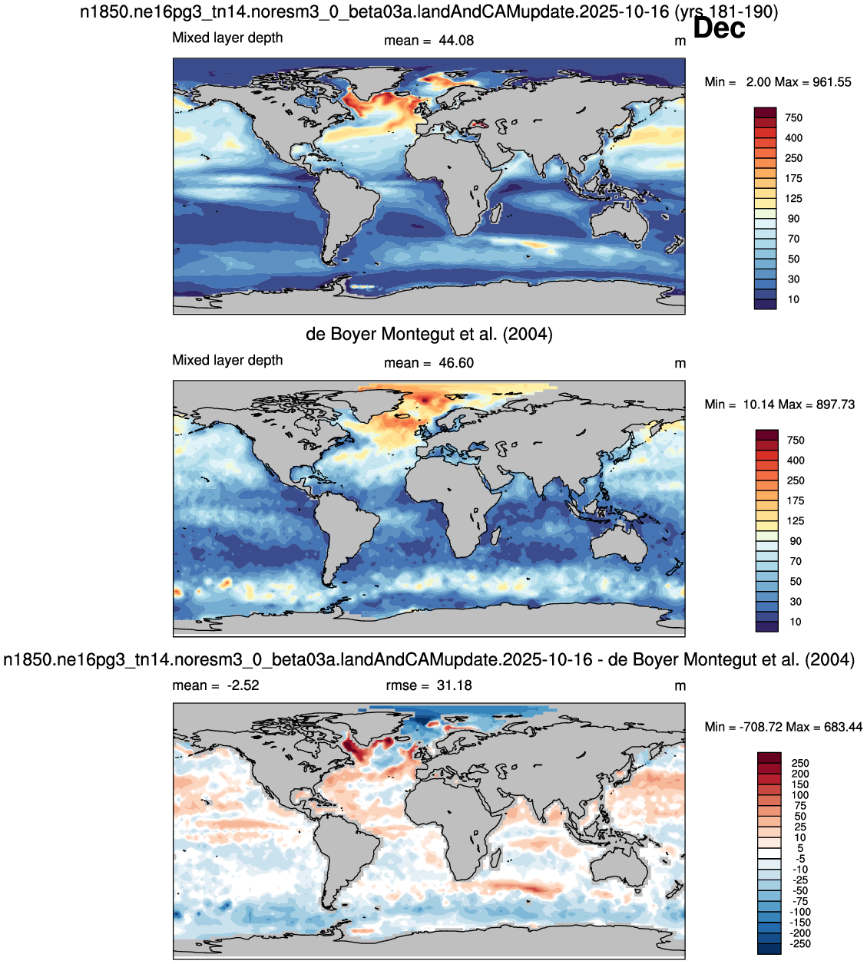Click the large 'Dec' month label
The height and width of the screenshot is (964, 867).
[719, 28]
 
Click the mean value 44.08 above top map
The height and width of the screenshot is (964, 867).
[456, 41]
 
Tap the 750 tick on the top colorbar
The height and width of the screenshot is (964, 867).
[793, 117]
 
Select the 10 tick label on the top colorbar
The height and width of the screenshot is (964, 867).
[793, 299]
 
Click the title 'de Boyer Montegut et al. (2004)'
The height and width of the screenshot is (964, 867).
[429, 334]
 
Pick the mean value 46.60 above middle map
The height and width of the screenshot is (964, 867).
[456, 363]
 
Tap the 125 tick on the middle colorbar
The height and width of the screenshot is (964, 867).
[796, 521]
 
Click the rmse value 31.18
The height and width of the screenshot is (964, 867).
[454, 685]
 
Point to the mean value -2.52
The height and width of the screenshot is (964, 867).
[243, 685]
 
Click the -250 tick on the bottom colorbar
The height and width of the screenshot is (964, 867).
[801, 943]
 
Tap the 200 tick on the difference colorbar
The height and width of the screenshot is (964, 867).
[800, 774]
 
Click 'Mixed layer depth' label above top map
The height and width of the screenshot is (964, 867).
[227, 38]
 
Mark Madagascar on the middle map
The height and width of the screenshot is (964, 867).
[496, 535]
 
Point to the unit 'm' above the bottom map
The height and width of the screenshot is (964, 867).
[680, 686]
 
